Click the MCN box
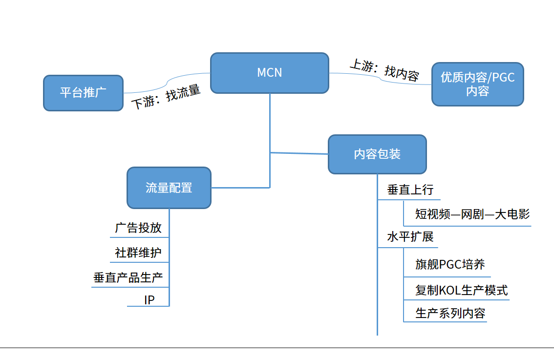[269, 73]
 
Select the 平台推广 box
[83, 93]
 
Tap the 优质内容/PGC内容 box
[477, 84]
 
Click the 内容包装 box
[377, 154]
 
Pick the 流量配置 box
[169, 188]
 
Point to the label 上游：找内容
[384, 70]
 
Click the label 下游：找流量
[167, 97]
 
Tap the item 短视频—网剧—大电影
[472, 214]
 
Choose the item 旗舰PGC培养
[450, 265]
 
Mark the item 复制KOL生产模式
[461, 290]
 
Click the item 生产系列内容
[450, 313]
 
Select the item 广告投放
[138, 228]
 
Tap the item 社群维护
[138, 253]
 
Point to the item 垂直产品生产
[128, 278]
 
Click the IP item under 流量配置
[149, 300]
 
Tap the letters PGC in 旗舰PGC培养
[450, 265]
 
